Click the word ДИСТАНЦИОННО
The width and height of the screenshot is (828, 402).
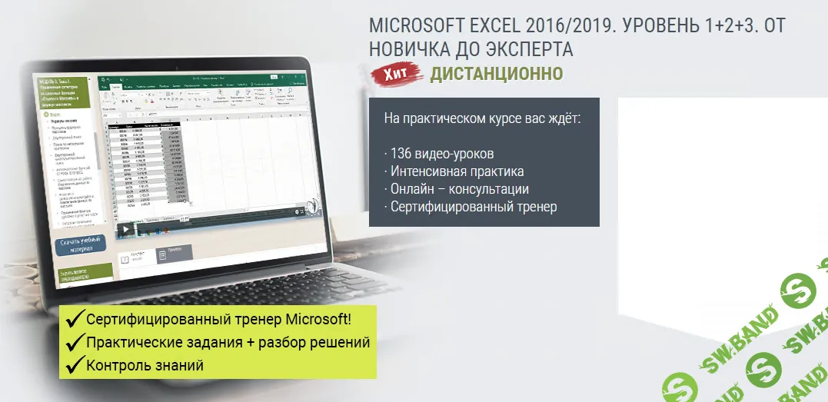496,74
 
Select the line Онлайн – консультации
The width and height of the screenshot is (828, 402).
459,188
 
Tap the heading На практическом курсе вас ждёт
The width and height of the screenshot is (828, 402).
481,119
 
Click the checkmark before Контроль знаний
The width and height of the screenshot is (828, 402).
75,365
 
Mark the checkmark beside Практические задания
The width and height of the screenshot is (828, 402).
75,342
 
